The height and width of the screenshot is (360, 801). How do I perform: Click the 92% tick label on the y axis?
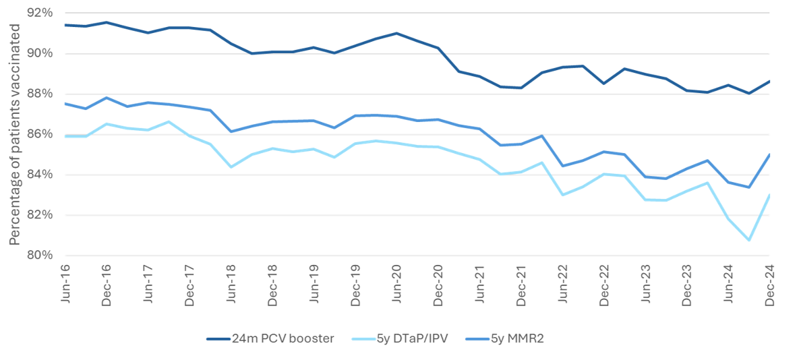(x=40, y=13)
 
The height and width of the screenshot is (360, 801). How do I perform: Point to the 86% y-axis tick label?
(x=40, y=134)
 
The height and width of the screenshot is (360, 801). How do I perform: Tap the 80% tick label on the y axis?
(x=40, y=256)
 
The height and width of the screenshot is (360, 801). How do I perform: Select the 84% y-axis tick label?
(x=40, y=175)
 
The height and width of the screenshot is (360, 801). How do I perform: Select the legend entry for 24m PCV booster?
(x=270, y=339)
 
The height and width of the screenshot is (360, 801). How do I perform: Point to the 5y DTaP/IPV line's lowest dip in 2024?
(x=749, y=240)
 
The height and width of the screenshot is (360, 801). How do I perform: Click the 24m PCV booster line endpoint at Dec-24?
(x=769, y=81)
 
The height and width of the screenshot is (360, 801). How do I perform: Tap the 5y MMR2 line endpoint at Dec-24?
(x=769, y=154)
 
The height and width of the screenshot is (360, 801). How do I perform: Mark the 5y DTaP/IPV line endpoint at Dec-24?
(x=769, y=195)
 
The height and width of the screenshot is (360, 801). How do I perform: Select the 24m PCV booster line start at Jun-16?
(x=65, y=25)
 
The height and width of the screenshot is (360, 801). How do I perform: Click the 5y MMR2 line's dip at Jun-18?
(x=231, y=131)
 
